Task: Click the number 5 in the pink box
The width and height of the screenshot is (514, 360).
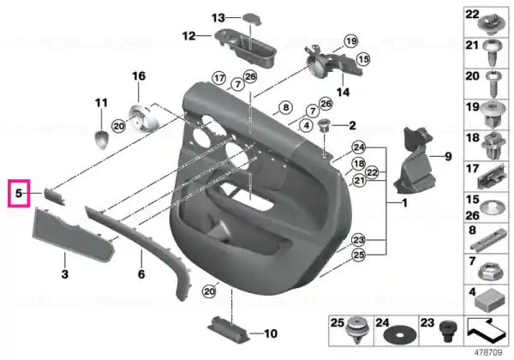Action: coord(19,193)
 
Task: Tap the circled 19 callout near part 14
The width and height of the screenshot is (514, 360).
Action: coord(351,41)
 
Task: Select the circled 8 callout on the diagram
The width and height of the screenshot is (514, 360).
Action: coord(286,107)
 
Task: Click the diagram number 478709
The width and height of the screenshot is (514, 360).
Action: coord(488,353)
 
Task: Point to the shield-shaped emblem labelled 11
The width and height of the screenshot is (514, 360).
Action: coord(101,140)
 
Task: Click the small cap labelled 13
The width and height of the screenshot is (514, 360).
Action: coord(252,18)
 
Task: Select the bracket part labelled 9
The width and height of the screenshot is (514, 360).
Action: coord(415,161)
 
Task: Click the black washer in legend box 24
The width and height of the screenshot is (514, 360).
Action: coord(400,336)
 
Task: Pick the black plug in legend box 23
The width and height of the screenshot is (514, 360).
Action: coord(448,331)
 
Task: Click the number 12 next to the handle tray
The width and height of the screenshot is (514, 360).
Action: coord(188,36)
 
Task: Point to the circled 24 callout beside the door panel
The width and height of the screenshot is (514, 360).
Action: coord(359,147)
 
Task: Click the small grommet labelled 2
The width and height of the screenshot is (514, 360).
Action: coord(325,126)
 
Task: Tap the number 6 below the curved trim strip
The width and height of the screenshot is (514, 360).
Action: coord(141,273)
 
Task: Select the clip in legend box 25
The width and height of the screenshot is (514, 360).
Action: coord(356,330)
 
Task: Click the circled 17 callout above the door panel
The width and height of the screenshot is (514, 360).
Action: coord(218,79)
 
